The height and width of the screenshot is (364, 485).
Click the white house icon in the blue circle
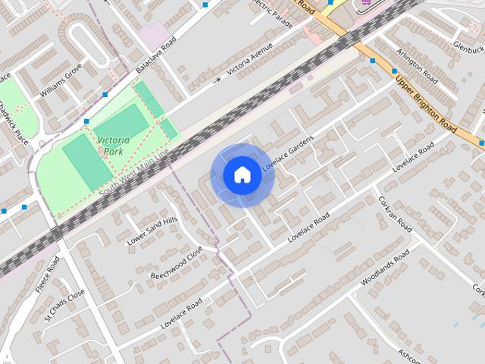(x=242, y=175)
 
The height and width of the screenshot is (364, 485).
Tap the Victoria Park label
(x=113, y=146)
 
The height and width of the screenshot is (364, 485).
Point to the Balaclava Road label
(x=155, y=55)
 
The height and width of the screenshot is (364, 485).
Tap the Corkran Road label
(x=395, y=215)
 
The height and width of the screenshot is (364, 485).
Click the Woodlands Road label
(x=384, y=267)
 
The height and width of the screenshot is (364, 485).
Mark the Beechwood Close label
(x=177, y=262)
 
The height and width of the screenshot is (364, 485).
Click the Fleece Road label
(x=52, y=275)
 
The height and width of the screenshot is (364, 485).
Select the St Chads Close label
(x=64, y=306)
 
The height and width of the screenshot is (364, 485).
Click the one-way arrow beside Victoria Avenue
(x=218, y=79)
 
